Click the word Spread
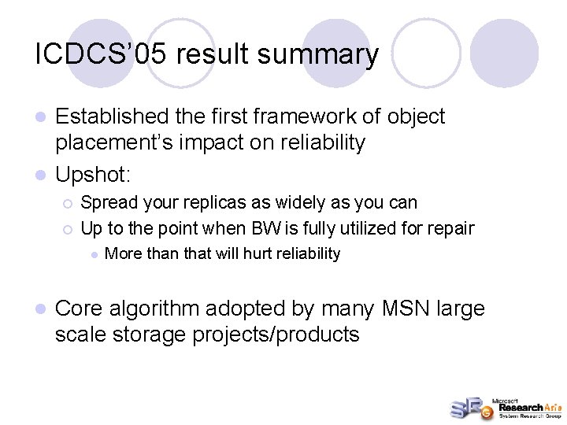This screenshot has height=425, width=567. [106, 202]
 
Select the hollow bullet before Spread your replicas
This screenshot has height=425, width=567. [69, 203]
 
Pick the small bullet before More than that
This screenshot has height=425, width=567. [94, 254]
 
